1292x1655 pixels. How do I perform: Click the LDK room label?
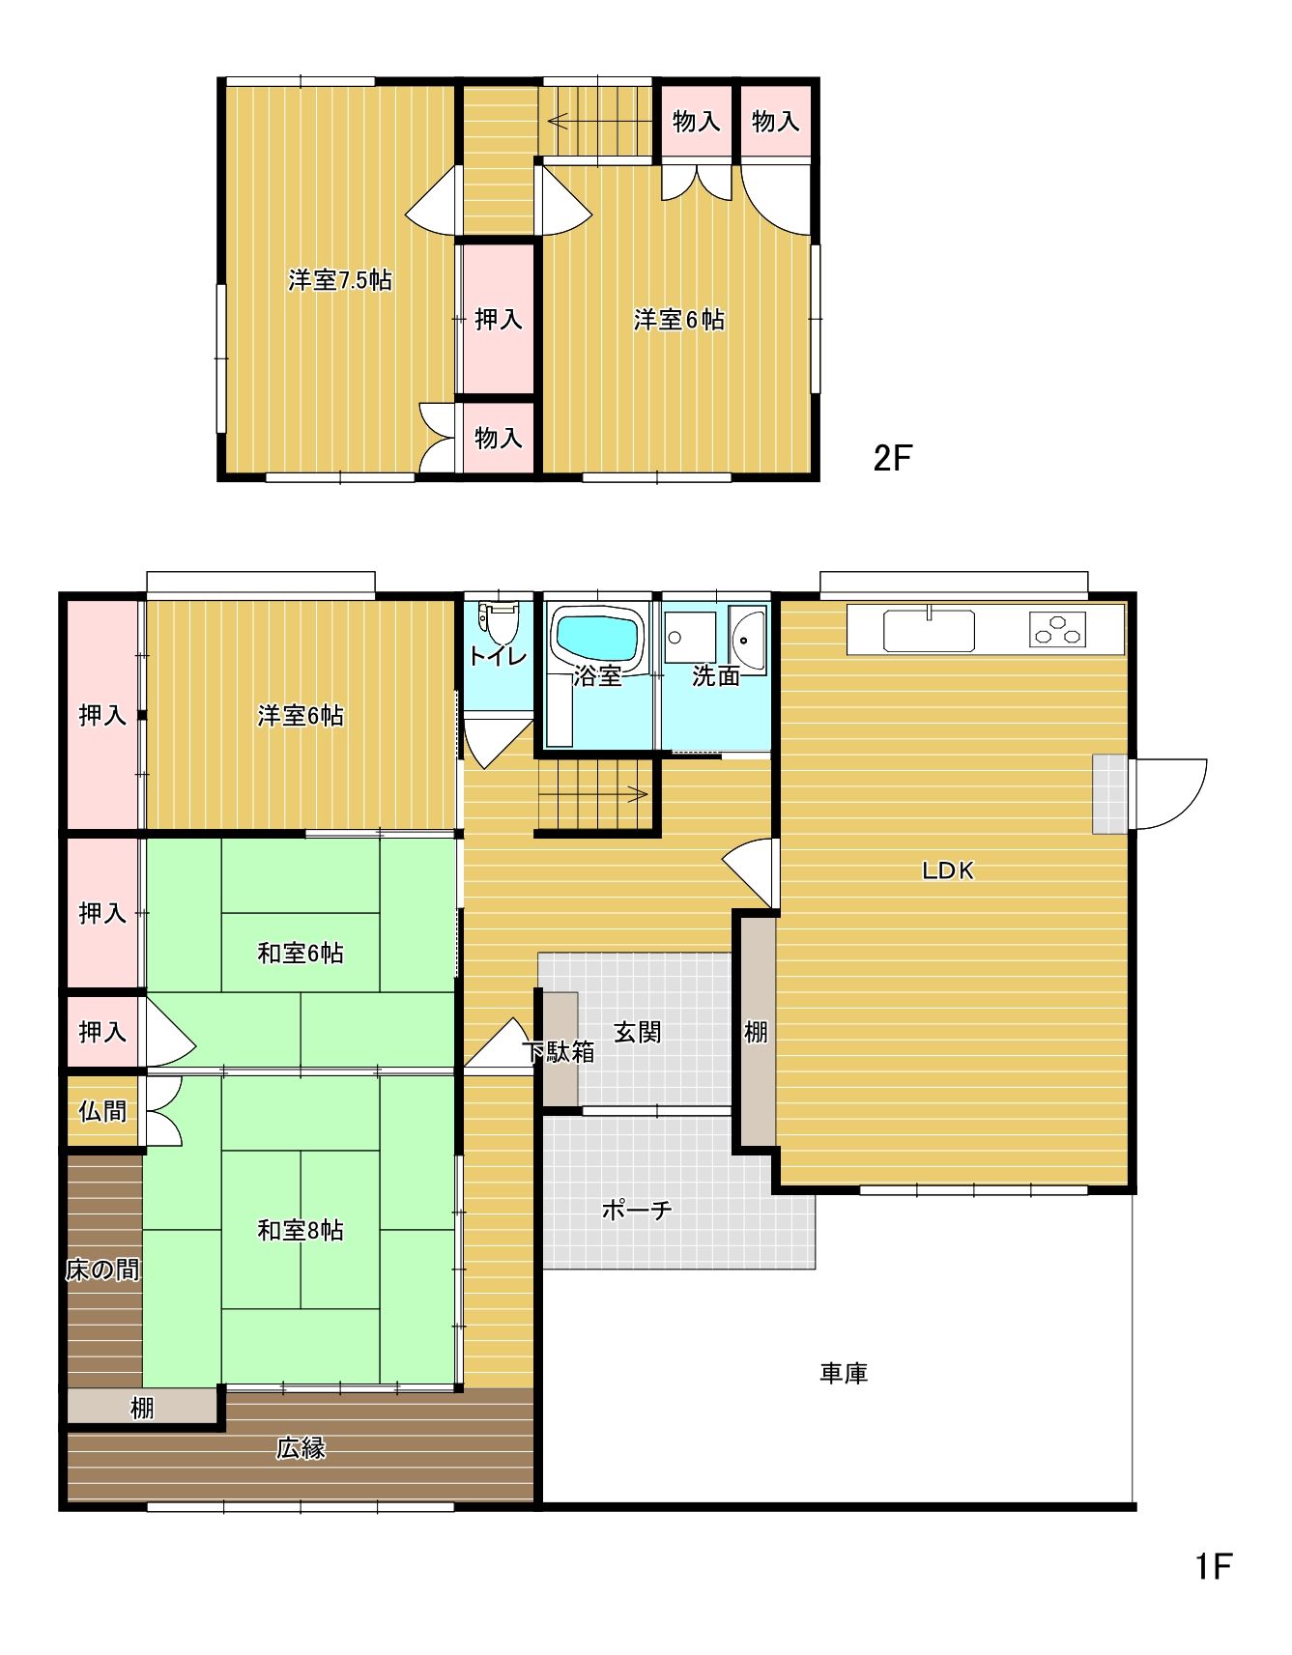[x=947, y=870]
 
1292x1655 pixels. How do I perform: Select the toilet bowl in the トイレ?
[x=499, y=623]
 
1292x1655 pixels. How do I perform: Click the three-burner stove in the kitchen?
[x=1057, y=629]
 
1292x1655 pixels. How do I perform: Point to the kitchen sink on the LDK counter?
[x=928, y=631]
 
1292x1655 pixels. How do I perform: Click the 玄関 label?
[x=638, y=1032]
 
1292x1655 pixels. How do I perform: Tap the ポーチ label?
[x=636, y=1210]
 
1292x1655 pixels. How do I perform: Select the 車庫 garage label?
[x=844, y=1373]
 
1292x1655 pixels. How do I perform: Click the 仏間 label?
[x=102, y=1111]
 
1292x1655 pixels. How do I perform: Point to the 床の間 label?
[x=102, y=1270]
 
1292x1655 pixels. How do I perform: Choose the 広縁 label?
[x=301, y=1447]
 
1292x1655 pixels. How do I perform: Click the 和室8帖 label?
[x=301, y=1230]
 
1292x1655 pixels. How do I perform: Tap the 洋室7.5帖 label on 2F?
[x=340, y=280]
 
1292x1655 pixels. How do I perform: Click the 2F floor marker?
[x=892, y=457]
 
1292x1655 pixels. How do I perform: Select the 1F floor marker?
[x=1214, y=1565]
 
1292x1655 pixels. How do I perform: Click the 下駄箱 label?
[x=559, y=1051]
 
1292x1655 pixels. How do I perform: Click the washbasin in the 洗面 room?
[x=747, y=633]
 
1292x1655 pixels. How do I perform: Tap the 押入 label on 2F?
[x=499, y=319]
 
